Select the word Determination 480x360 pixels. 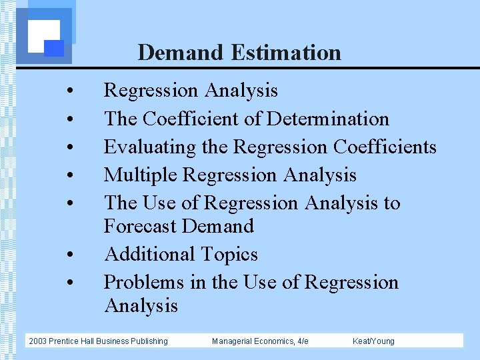[x=327, y=119]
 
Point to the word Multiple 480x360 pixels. [x=140, y=175]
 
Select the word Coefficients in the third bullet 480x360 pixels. [x=385, y=147]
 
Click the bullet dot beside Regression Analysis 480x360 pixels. [x=69, y=91]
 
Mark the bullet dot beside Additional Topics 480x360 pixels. [x=69, y=256]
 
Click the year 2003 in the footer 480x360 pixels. [x=38, y=341]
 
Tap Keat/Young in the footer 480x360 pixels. [x=373, y=341]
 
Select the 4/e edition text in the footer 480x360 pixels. [x=302, y=341]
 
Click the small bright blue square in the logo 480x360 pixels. [x=54, y=48]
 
